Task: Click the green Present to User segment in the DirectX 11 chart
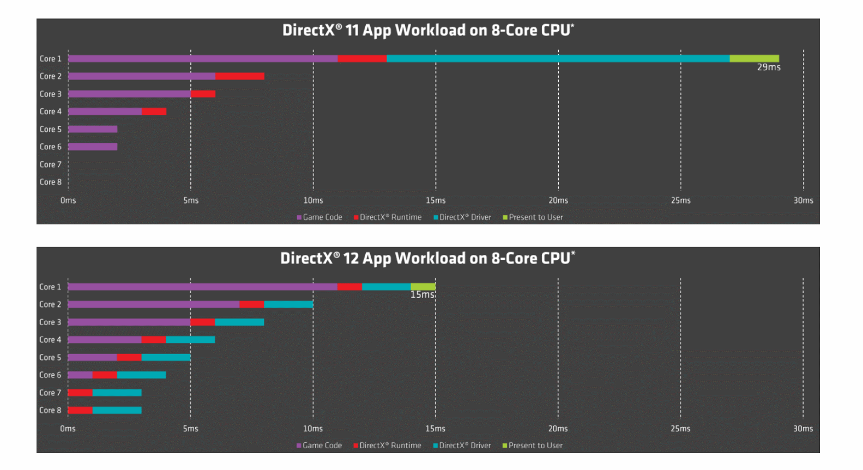[x=754, y=59]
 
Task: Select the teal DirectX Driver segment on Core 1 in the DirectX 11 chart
[x=558, y=59]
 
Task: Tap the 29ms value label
[x=768, y=68]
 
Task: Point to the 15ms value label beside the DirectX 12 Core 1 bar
[x=422, y=295]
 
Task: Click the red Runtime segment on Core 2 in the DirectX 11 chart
[x=239, y=76]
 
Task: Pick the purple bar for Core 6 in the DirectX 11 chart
[x=93, y=147]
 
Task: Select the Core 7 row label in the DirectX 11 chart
[x=50, y=164]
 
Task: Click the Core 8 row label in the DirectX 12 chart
[x=50, y=410]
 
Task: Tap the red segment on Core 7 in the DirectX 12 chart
[x=80, y=393]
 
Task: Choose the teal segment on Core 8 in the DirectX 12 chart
[x=117, y=410]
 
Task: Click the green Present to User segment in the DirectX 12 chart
[x=423, y=286]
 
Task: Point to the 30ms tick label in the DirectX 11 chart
[x=803, y=200]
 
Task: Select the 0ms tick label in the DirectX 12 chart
[x=68, y=429]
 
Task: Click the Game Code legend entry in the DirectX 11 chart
[x=319, y=217]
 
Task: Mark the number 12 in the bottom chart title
[x=351, y=259]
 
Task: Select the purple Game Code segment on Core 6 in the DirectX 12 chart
[x=80, y=375]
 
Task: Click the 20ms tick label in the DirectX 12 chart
[x=558, y=429]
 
